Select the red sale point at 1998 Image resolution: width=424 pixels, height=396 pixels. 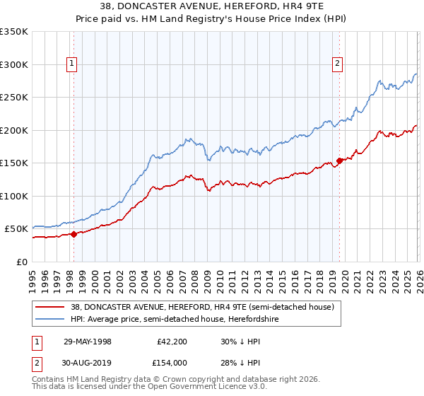(x=73, y=234)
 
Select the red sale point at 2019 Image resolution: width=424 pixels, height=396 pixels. (x=339, y=161)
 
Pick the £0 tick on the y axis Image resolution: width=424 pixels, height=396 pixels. (x=21, y=262)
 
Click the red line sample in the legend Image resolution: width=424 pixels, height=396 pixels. (x=51, y=307)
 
